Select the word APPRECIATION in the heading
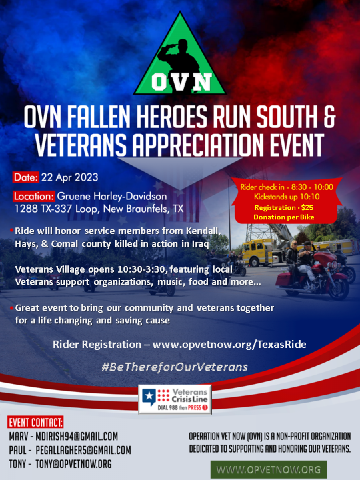click(198, 144)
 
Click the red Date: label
click(26, 177)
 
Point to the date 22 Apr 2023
click(70, 177)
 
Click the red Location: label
click(34, 196)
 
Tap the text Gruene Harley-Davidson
click(112, 196)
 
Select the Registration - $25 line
click(284, 208)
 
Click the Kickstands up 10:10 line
click(287, 197)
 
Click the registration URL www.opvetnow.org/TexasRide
click(229, 345)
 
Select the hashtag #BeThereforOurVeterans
click(175, 367)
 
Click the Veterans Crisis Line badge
click(175, 399)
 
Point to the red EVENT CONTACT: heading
click(35, 423)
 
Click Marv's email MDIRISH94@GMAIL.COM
click(77, 436)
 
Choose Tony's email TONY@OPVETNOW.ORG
click(73, 464)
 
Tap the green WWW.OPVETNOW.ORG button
click(269, 469)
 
